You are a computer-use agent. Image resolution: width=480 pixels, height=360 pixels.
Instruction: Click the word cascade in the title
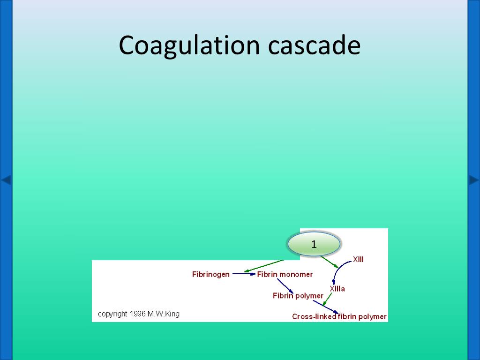(x=315, y=46)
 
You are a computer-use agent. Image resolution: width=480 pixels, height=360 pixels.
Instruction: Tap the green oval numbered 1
(x=314, y=244)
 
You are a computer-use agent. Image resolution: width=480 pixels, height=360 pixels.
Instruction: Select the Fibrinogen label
(x=211, y=274)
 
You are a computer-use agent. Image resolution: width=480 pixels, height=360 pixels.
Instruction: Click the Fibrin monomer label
(x=285, y=274)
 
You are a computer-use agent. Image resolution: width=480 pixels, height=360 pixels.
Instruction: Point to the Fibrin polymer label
(x=298, y=296)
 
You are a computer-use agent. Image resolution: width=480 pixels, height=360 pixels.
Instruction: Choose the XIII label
(x=358, y=259)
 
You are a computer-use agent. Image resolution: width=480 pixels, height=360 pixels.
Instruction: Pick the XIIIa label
(x=337, y=289)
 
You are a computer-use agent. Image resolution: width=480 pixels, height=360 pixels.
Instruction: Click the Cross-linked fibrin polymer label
(x=339, y=316)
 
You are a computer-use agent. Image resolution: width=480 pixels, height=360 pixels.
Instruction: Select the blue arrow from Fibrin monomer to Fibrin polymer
(x=285, y=285)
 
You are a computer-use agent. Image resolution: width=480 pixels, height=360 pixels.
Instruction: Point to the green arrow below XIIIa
(x=327, y=300)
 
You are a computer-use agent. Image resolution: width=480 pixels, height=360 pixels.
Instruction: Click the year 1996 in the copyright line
(x=138, y=314)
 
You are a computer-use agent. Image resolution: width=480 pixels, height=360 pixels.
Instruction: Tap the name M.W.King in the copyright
(x=164, y=314)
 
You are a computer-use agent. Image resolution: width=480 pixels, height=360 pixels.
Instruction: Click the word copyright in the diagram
(x=113, y=314)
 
